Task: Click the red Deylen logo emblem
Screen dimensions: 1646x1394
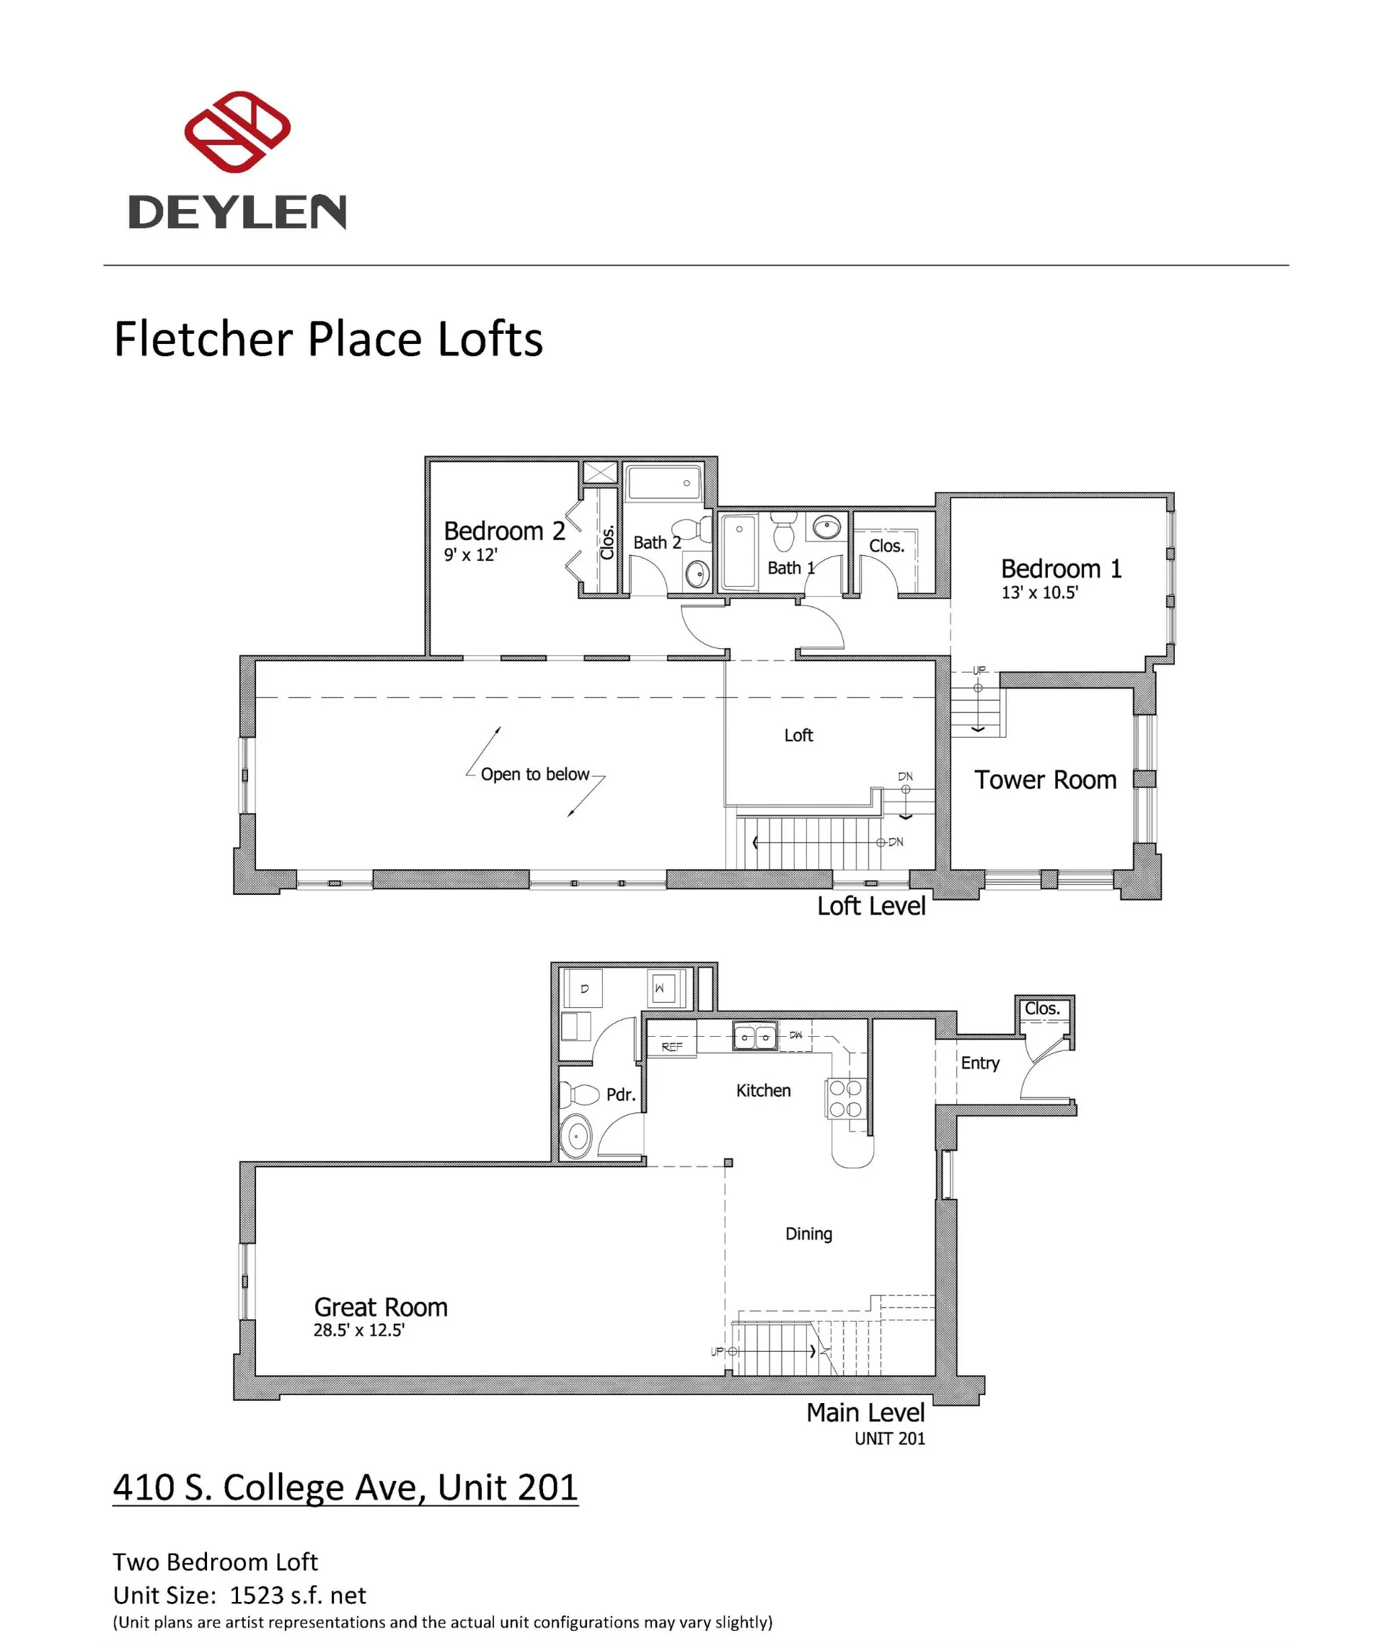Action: [x=237, y=131]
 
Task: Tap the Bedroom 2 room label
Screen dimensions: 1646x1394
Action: [x=504, y=531]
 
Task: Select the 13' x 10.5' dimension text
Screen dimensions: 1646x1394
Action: [x=1039, y=593]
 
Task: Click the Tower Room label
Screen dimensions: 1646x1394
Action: [x=1045, y=780]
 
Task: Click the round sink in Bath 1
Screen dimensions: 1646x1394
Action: [x=827, y=527]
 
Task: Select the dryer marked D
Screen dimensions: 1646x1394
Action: [x=584, y=988]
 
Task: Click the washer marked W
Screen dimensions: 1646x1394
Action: [x=661, y=988]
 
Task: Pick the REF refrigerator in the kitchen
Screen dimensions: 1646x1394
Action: [x=671, y=1045]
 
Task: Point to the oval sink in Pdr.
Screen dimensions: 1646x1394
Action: [x=577, y=1137]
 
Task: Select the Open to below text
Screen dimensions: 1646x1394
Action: [x=535, y=774]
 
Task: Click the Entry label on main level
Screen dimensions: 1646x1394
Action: [x=980, y=1063]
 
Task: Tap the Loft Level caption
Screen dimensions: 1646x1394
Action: [x=871, y=906]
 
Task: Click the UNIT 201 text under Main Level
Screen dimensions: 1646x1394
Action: [x=889, y=1438]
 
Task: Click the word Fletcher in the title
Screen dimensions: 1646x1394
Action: [x=204, y=339]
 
